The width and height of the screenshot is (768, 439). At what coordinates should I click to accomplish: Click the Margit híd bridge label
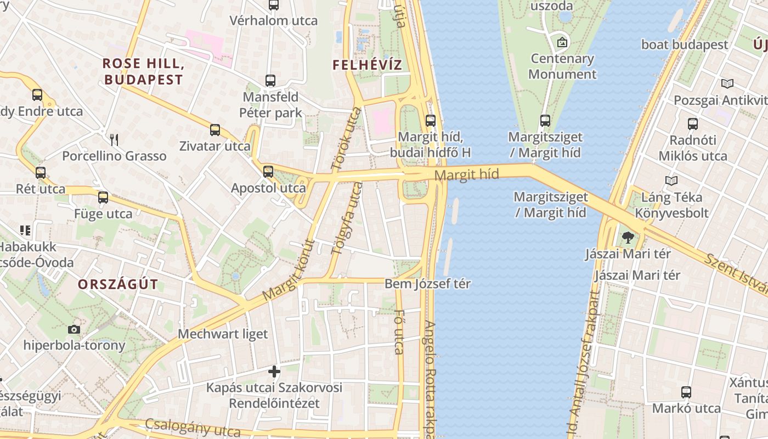[x=466, y=175]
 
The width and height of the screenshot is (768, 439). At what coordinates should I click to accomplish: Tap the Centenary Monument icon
[x=562, y=42]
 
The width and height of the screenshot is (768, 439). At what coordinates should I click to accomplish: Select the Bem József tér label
[x=427, y=284]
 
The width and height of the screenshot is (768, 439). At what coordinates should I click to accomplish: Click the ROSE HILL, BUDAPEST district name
[x=143, y=71]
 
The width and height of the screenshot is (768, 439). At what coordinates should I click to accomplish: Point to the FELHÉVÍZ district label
[x=367, y=65]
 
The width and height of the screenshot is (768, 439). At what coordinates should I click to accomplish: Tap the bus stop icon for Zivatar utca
[x=215, y=130]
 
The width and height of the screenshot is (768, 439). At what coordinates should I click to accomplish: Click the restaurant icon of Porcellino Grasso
[x=114, y=139]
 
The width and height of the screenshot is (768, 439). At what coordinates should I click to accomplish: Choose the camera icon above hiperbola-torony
[x=74, y=329]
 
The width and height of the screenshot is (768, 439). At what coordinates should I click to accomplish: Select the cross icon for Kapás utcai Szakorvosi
[x=274, y=372]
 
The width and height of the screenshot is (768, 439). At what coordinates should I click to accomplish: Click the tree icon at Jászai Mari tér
[x=628, y=238]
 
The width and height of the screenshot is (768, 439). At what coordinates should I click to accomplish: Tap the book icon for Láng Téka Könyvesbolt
[x=671, y=181]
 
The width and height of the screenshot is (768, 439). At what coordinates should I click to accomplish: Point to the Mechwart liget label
[x=223, y=334]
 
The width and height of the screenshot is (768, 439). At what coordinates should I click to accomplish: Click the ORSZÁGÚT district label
[x=117, y=284]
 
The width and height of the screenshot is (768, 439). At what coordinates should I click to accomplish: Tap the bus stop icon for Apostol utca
[x=268, y=171]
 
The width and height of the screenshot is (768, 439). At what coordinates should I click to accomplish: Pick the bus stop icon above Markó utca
[x=686, y=392]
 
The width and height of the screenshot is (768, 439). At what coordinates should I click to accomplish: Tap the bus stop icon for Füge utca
[x=103, y=198]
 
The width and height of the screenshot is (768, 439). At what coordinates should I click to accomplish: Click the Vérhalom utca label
[x=273, y=21]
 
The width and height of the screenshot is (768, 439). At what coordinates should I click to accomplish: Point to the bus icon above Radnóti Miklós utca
[x=693, y=124]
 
